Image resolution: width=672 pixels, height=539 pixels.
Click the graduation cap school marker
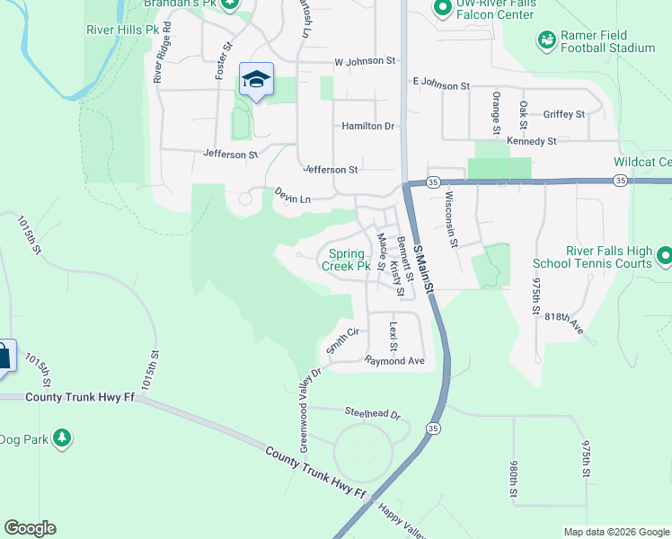[256, 81]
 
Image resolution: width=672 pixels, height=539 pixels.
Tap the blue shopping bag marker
[4, 355]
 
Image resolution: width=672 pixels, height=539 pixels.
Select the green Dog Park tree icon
[61, 438]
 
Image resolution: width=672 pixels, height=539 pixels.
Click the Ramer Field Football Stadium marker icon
[546, 40]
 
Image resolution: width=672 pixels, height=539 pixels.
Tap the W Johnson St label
[365, 62]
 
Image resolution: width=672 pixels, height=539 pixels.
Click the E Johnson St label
[441, 85]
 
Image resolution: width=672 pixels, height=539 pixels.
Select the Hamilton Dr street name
[367, 127]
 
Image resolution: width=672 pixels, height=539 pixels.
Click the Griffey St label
[564, 114]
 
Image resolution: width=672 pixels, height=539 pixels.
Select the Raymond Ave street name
[393, 360]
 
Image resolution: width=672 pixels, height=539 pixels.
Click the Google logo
[31, 528]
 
